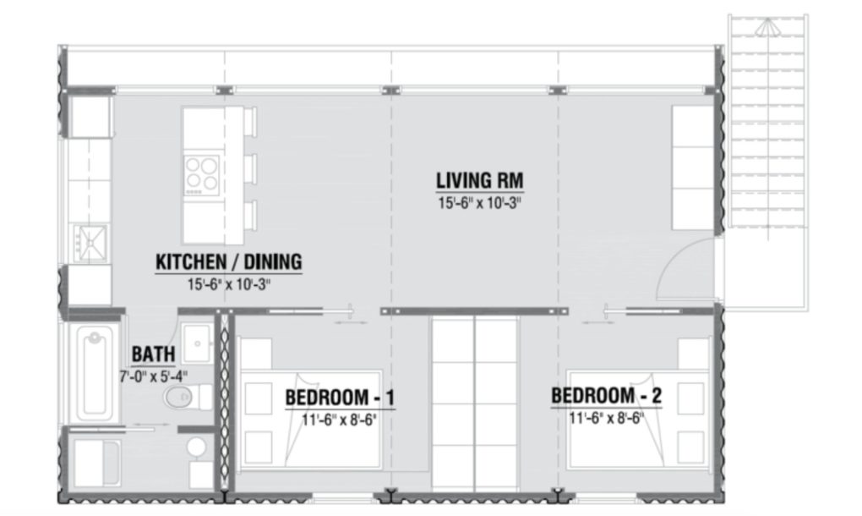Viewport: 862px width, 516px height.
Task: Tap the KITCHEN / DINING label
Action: coord(228,262)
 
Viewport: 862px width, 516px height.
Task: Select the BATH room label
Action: coord(154,354)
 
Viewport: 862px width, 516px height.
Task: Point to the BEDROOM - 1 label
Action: coord(340,397)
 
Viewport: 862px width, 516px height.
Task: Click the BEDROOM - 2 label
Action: coord(605,395)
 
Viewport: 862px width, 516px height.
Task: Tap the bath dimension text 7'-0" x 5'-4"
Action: coord(154,375)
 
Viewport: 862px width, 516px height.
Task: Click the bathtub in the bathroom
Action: coord(93,372)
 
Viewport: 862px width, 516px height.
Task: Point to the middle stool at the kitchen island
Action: coord(250,168)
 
